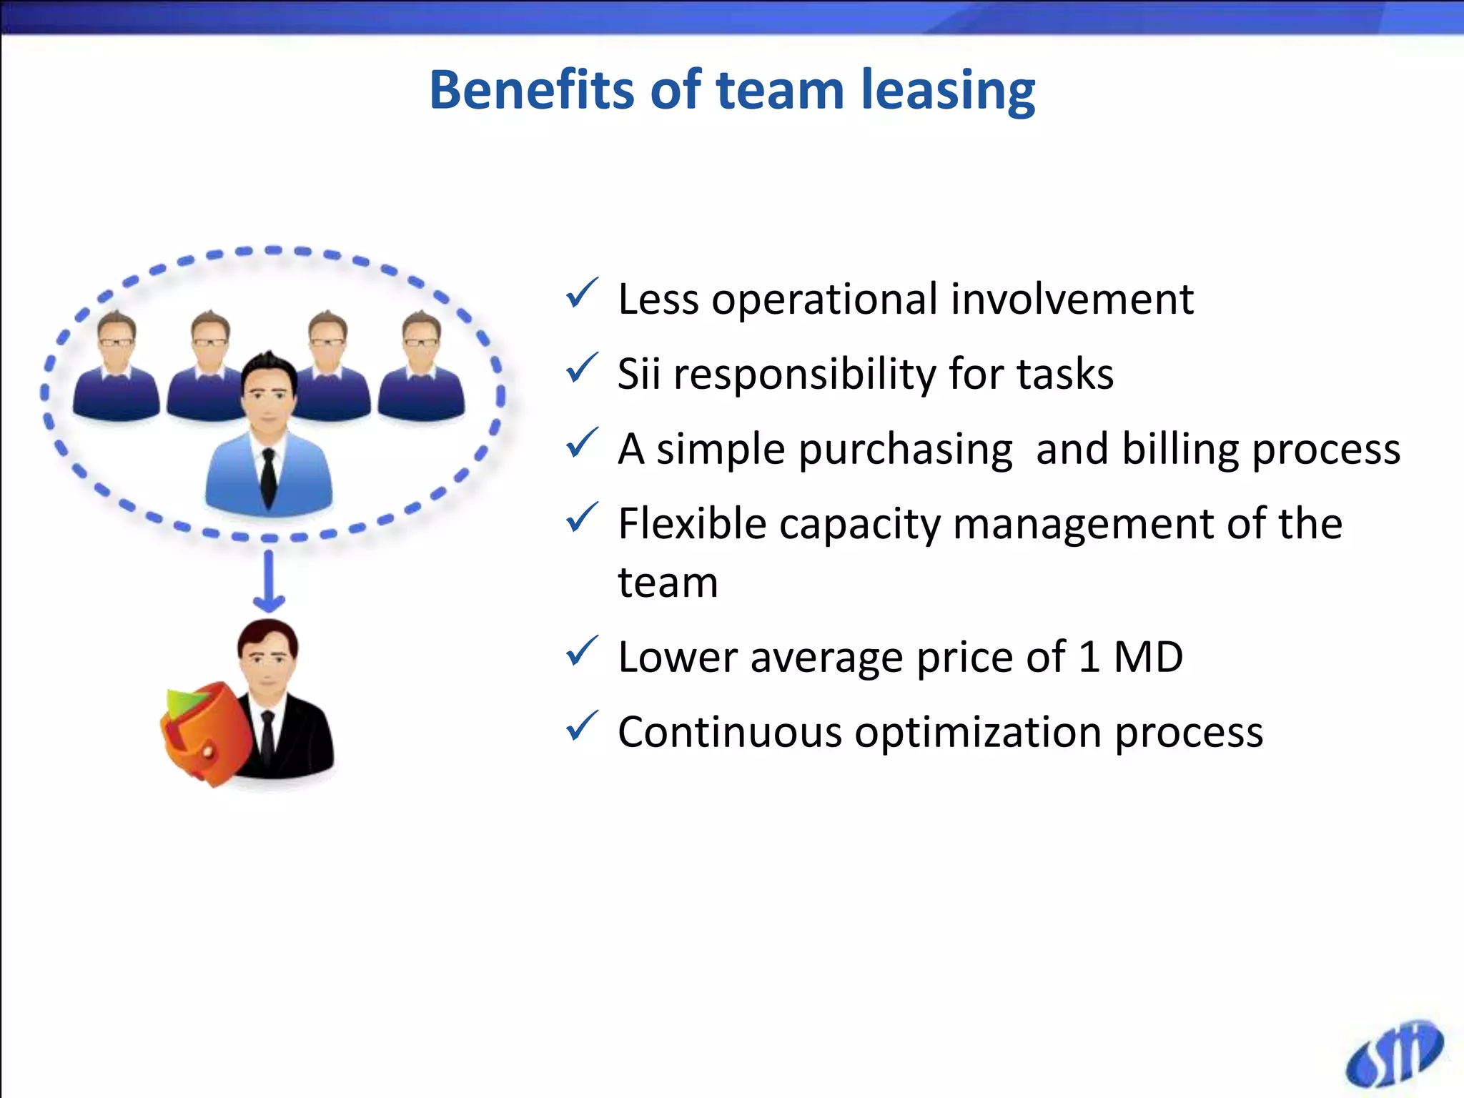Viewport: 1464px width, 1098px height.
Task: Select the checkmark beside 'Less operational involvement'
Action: click(581, 294)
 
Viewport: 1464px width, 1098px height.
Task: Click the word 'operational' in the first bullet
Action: click(824, 299)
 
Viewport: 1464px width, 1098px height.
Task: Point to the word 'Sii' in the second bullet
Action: click(638, 373)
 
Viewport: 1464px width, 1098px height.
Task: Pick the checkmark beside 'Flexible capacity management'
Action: click(581, 518)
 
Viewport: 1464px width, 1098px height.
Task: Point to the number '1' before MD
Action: click(1089, 656)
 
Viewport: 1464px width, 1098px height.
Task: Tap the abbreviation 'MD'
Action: click(1148, 656)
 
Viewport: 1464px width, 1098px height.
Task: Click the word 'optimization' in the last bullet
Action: click(976, 733)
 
